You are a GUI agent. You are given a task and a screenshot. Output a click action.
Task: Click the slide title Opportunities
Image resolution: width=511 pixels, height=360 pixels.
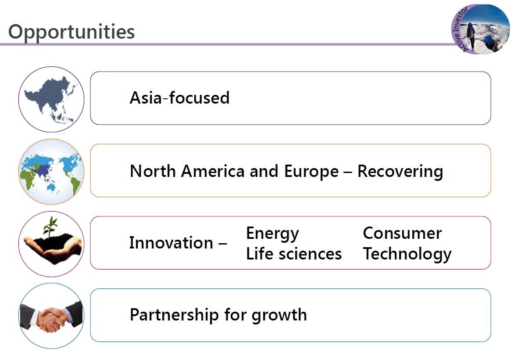(x=71, y=32)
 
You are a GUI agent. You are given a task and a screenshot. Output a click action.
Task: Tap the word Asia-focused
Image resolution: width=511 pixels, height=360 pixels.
(x=179, y=97)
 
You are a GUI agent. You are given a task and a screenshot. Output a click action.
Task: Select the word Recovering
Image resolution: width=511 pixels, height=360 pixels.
(x=400, y=172)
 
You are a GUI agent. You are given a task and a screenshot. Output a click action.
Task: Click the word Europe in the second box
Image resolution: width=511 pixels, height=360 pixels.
(x=311, y=172)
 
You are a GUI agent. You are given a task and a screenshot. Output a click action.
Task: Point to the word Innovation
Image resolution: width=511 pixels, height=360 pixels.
(x=171, y=242)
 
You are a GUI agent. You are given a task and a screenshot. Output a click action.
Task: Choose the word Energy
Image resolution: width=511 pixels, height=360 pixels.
(x=272, y=234)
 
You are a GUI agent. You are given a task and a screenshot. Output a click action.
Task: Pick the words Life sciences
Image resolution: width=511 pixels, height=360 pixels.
(x=293, y=254)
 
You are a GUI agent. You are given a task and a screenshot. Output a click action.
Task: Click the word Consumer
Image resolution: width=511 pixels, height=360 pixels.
(x=402, y=233)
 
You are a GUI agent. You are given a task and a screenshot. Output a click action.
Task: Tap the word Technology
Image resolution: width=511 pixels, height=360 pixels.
(x=407, y=254)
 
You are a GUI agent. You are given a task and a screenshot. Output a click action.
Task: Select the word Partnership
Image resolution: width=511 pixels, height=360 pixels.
(x=174, y=315)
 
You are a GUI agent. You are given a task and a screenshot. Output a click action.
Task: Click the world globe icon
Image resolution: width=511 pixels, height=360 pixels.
(x=51, y=172)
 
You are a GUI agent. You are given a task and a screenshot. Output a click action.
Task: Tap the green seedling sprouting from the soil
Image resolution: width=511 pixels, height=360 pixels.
(x=50, y=227)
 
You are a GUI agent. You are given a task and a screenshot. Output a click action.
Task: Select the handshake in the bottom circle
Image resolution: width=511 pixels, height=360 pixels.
(x=51, y=317)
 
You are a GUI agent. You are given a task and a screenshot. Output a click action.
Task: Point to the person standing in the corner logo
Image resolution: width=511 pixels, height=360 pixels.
(x=471, y=36)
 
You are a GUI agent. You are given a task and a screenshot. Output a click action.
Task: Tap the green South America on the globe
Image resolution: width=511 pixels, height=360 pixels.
(x=75, y=185)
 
